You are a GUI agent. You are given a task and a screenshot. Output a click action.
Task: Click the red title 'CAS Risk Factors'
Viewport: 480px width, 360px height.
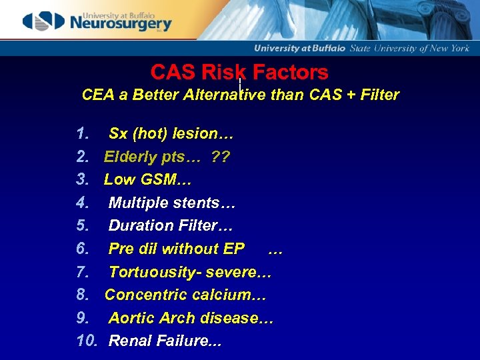pos(239,72)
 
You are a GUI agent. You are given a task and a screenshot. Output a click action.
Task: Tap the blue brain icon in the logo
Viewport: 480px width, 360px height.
pos(43,21)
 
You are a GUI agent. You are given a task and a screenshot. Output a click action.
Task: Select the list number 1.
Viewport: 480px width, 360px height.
pos(83,133)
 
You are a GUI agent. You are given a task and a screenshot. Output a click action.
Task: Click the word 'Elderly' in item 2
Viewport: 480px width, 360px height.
pos(130,157)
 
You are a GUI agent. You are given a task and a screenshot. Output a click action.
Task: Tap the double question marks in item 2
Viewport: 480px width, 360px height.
pos(221,157)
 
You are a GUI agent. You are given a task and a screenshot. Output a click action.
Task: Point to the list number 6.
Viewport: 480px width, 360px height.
pos(83,249)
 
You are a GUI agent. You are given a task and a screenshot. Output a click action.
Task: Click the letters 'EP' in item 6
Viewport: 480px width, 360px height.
pos(234,249)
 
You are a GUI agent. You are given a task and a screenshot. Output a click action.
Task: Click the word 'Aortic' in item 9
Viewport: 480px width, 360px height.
pos(131,318)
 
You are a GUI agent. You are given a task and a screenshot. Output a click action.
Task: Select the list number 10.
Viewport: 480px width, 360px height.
pos(87,341)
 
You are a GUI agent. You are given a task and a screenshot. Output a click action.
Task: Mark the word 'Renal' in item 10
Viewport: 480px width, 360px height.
pos(129,341)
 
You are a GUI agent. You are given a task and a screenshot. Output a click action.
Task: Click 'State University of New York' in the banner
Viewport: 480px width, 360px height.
pos(409,48)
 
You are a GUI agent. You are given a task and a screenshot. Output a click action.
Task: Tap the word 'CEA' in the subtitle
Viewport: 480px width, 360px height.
pos(97,95)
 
